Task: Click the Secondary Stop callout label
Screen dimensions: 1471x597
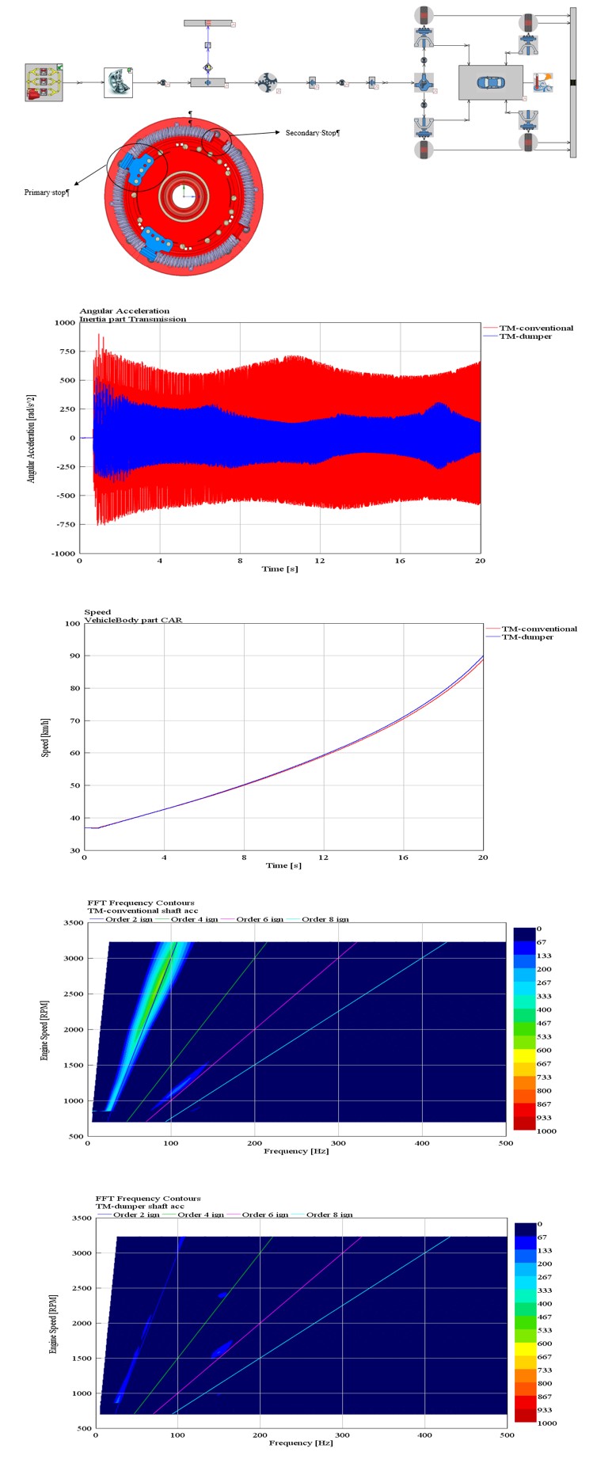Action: pyautogui.click(x=312, y=133)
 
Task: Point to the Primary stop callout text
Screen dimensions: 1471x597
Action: pyautogui.click(x=47, y=192)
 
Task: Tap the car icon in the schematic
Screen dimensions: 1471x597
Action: pyautogui.click(x=490, y=82)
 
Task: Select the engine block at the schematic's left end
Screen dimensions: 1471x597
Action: pyautogui.click(x=44, y=82)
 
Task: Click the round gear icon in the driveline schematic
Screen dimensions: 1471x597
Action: pyautogui.click(x=267, y=82)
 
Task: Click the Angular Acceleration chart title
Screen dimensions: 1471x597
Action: pyautogui.click(x=124, y=311)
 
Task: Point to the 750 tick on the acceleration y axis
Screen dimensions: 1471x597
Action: pyautogui.click(x=65, y=352)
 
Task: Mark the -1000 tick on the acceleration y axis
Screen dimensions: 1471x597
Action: pyautogui.click(x=63, y=553)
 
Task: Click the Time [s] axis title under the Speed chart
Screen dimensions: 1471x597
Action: pyautogui.click(x=283, y=865)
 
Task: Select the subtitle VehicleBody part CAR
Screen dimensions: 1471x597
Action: pyautogui.click(x=133, y=620)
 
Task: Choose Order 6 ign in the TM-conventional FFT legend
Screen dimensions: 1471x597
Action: pyautogui.click(x=260, y=919)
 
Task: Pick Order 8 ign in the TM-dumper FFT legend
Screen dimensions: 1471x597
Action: pyautogui.click(x=329, y=1214)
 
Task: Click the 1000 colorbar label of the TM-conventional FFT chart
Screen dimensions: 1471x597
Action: pyautogui.click(x=546, y=1131)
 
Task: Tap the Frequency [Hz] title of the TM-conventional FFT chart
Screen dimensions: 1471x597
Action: pyautogui.click(x=296, y=1150)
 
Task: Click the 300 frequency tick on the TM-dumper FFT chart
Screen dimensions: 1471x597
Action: pyautogui.click(x=342, y=1435)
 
